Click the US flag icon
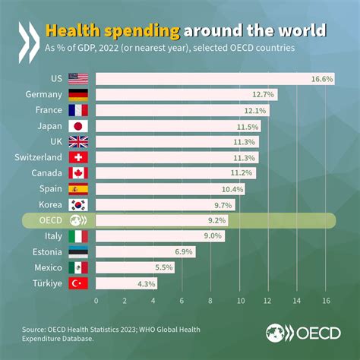(x=78, y=78)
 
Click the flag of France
(x=78, y=110)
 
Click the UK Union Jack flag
(x=78, y=142)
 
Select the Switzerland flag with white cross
(x=78, y=157)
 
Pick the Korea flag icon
(x=78, y=205)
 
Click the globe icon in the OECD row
(x=78, y=220)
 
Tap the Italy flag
(x=78, y=236)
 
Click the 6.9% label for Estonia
(x=182, y=251)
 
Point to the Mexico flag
(x=78, y=267)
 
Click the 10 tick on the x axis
(x=239, y=300)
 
